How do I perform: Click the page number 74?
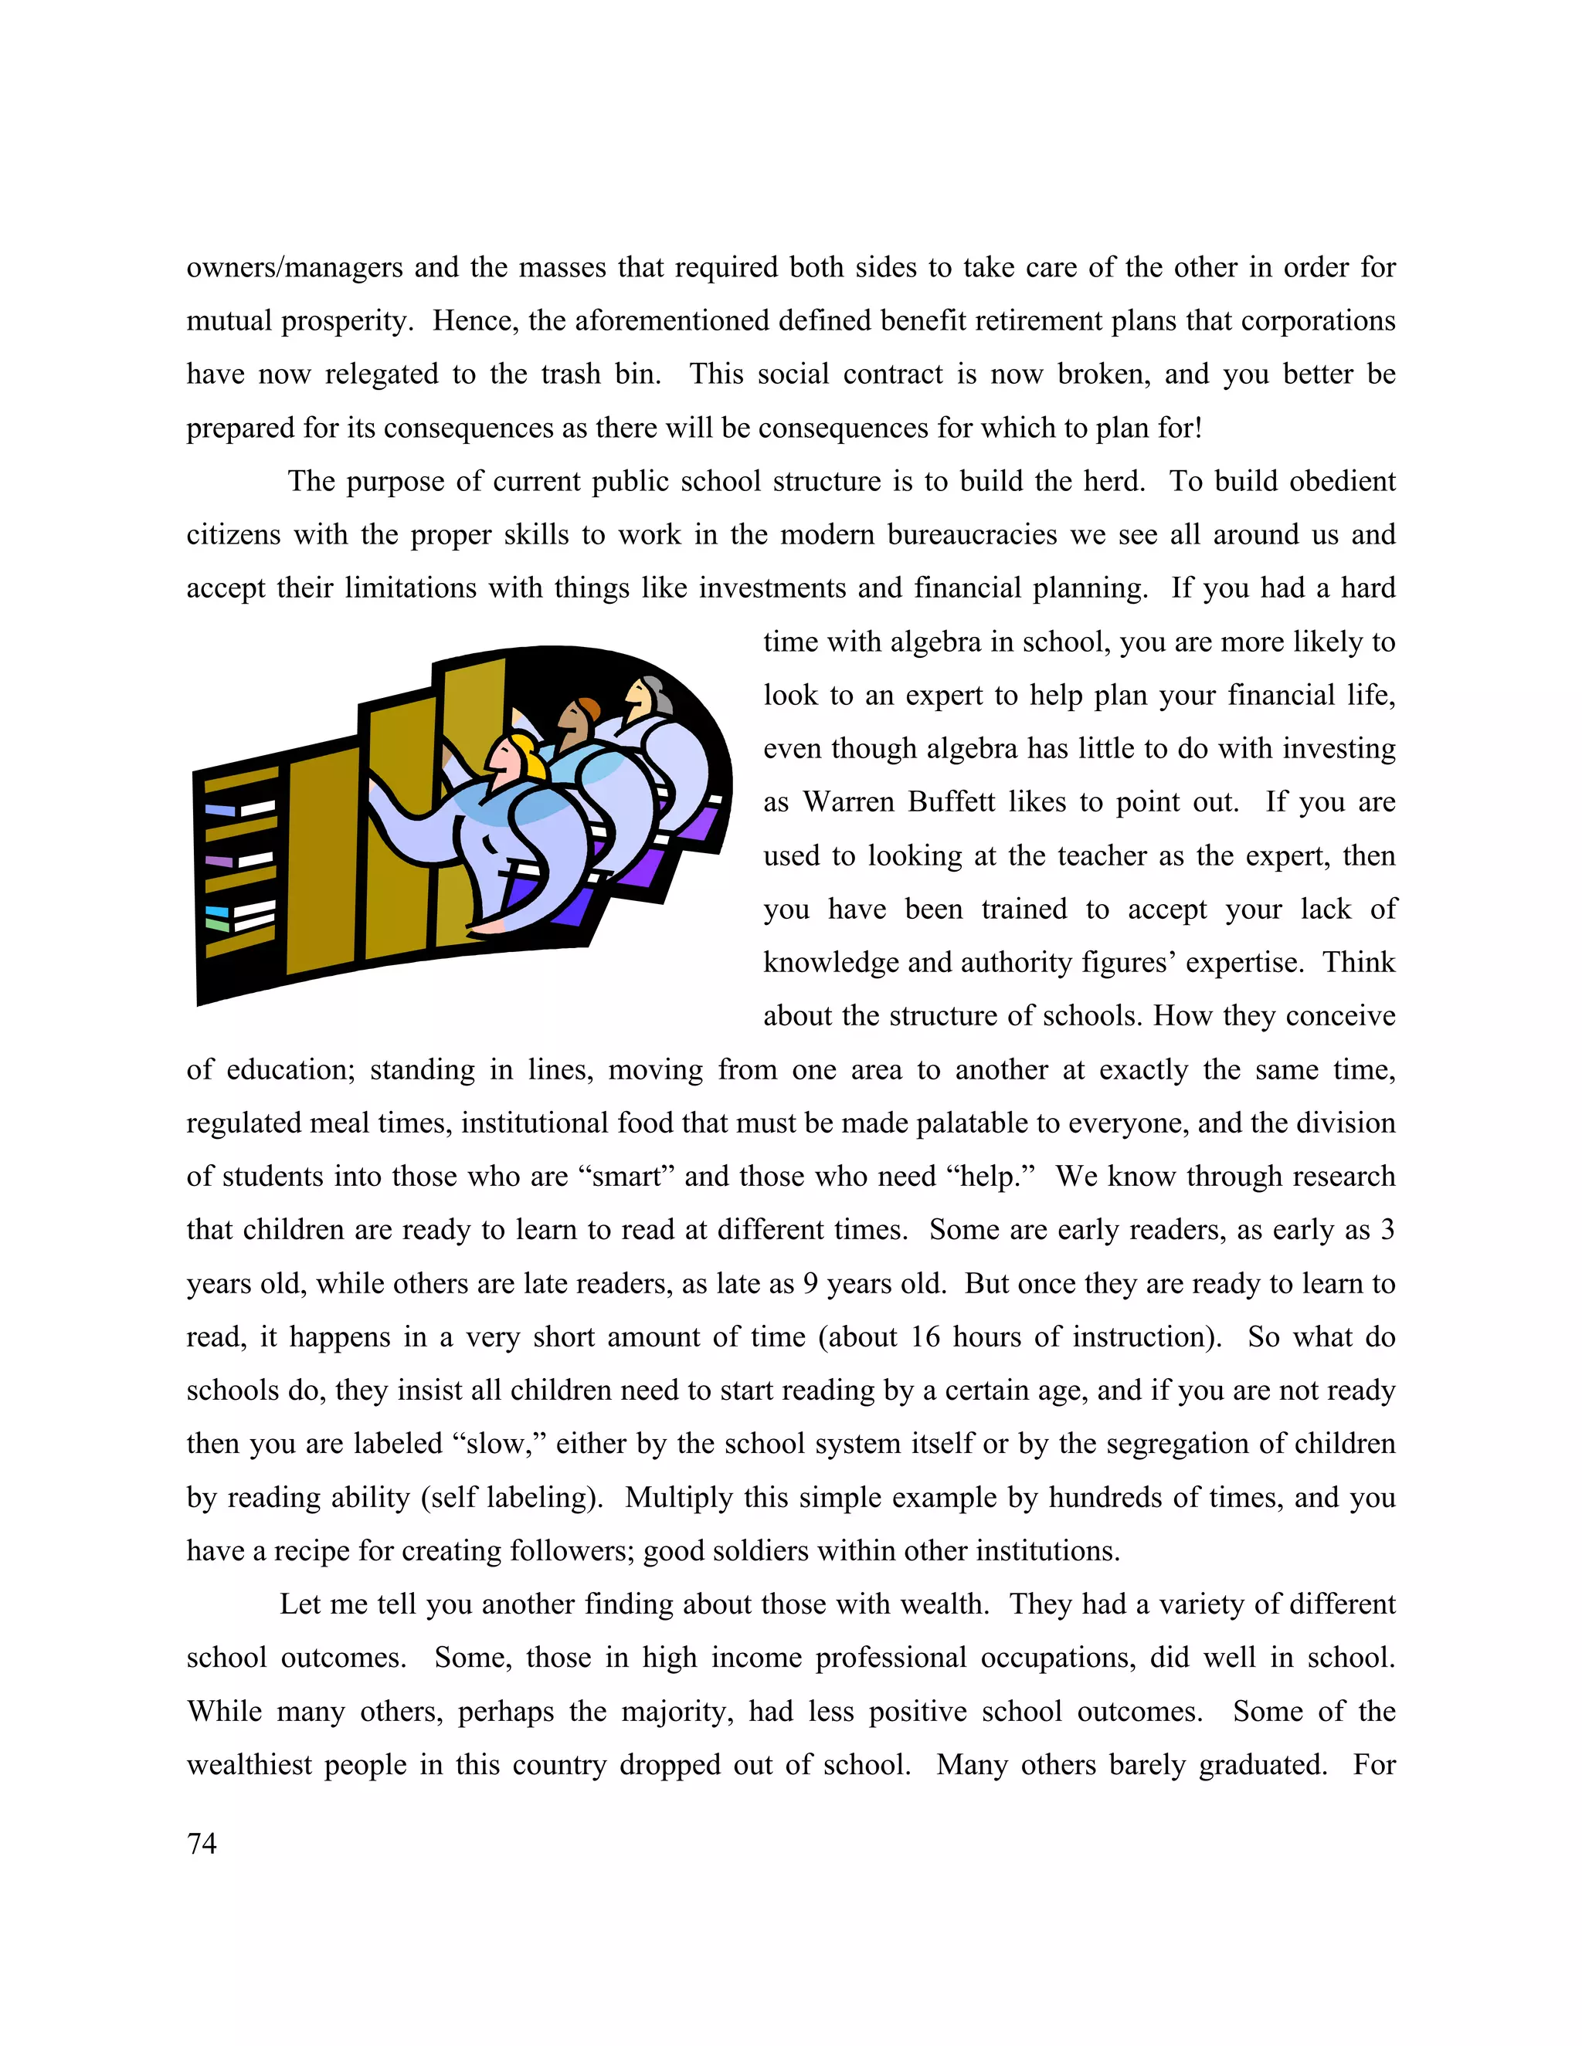202,1844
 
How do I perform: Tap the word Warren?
849,803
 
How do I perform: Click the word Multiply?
677,1497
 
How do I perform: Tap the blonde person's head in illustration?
514,757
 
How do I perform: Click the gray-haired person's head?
646,696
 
